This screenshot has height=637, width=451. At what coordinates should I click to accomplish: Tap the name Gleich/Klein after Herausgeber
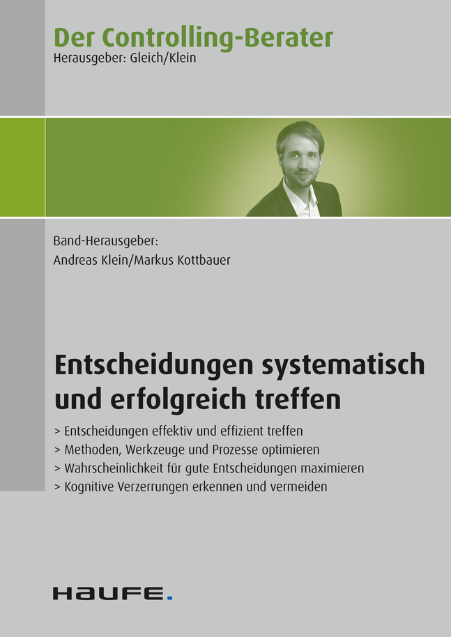pos(163,58)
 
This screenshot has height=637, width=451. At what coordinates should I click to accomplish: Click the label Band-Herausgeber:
pos(105,241)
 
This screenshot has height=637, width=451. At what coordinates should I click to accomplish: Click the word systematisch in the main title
pos(344,364)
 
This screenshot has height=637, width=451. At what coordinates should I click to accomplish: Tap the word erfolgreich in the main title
pos(178,399)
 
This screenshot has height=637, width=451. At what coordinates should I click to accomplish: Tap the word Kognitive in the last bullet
pos(89,486)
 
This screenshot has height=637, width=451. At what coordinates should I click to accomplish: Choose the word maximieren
pos(332,468)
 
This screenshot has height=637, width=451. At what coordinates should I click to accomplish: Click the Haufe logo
pos(112,594)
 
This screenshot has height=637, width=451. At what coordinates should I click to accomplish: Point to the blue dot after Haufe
pos(170,597)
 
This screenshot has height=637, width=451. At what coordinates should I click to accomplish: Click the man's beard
pos(301,178)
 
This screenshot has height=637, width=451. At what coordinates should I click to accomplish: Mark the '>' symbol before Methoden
pos(57,450)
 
